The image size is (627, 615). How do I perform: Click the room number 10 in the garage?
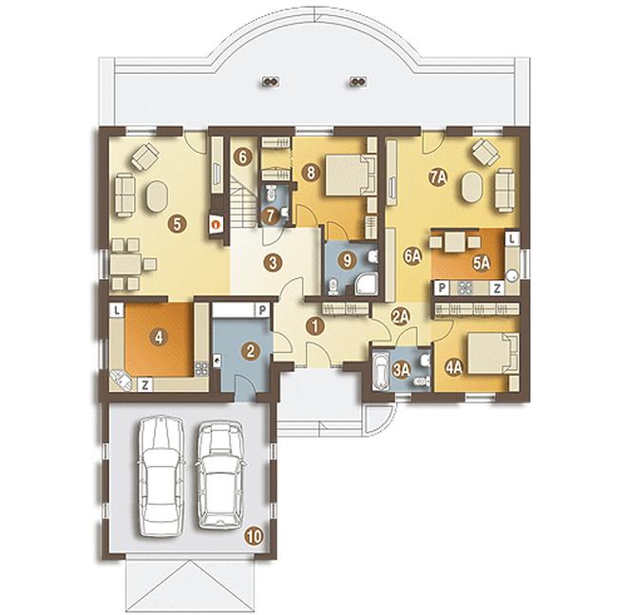pos(254,536)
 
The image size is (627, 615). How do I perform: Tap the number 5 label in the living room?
pos(178,224)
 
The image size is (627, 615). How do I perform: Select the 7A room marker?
pos(438,177)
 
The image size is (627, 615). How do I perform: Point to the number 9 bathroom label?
pos(347,261)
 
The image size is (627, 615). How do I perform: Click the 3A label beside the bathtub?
pos(402,369)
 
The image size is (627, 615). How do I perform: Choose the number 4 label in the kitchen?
pos(159,338)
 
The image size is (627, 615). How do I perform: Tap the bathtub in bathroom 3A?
pos(380,370)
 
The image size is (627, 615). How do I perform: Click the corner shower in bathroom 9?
pos(366,284)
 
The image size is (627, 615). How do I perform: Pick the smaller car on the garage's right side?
pos(221,475)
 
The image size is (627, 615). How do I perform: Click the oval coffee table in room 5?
pos(157,196)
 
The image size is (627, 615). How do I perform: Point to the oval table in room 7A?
pos(472,187)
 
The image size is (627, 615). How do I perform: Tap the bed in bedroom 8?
pos(351,176)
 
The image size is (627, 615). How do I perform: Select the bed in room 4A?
pos(493,354)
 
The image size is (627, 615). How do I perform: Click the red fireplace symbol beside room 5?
pos(217,225)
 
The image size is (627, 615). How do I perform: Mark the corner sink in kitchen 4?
pos(122,380)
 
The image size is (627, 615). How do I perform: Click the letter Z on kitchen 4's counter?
pos(145,385)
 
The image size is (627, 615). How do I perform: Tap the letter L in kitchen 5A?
pos(512,239)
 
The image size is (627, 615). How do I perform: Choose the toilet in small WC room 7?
pos(271,193)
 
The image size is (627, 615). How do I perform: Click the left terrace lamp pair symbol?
pos(272,82)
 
